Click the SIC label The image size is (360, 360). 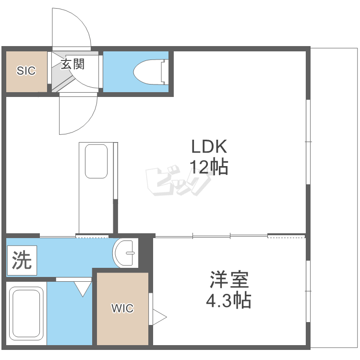tap(26, 71)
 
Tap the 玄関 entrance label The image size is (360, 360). tap(73, 64)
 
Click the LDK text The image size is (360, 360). tap(209, 146)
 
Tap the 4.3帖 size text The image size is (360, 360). tap(228, 300)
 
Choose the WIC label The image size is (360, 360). tap(122, 308)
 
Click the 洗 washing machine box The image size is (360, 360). tap(22, 260)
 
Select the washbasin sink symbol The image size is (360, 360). tap(125, 253)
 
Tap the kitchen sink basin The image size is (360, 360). tap(96, 161)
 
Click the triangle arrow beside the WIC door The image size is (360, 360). tap(159, 317)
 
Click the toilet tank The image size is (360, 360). tap(164, 72)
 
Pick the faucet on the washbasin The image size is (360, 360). tap(131, 253)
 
